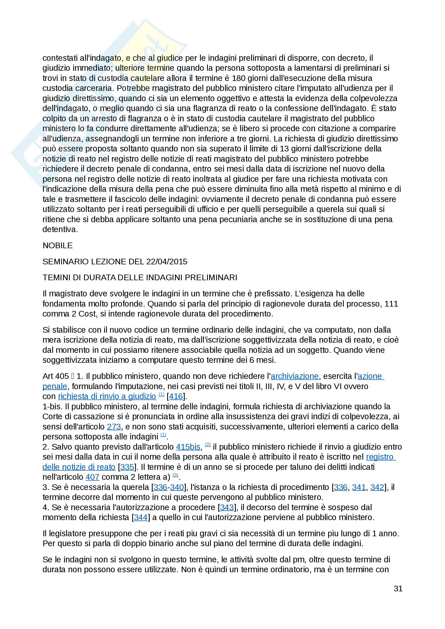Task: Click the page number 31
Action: point(398,588)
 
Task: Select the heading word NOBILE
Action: point(58,246)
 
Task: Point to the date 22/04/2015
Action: point(167,262)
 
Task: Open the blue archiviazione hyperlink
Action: point(295,376)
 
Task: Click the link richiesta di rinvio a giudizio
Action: point(107,396)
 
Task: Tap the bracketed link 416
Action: point(176,396)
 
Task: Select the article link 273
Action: point(114,427)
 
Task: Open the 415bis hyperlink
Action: point(188,447)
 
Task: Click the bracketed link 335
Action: point(127,467)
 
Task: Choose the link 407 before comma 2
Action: point(92,477)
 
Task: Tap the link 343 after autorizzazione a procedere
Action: point(227,507)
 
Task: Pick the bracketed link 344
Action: point(141,517)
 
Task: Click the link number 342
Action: point(377,487)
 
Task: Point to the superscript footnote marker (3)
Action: point(176,475)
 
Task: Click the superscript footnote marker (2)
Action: point(208,445)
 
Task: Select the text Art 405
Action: point(56,376)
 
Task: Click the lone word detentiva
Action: point(60,229)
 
